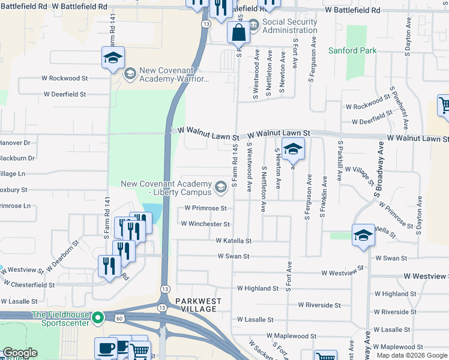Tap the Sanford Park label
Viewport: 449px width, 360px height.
[352, 51]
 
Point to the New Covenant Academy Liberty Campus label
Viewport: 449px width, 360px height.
[167, 188]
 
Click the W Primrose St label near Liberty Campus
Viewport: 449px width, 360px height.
[206, 208]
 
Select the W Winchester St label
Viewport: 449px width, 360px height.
[205, 224]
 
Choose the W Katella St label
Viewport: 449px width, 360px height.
[234, 241]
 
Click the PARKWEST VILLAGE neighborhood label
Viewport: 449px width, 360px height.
[199, 305]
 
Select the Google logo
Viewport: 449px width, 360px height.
[19, 353]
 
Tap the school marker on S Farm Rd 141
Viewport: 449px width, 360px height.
[113, 58]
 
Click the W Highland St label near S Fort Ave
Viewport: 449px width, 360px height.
[258, 289]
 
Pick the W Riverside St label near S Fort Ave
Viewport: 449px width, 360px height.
[315, 305]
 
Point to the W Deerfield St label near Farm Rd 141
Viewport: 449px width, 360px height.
[65, 95]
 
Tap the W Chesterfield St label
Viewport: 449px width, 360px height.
[29, 285]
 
